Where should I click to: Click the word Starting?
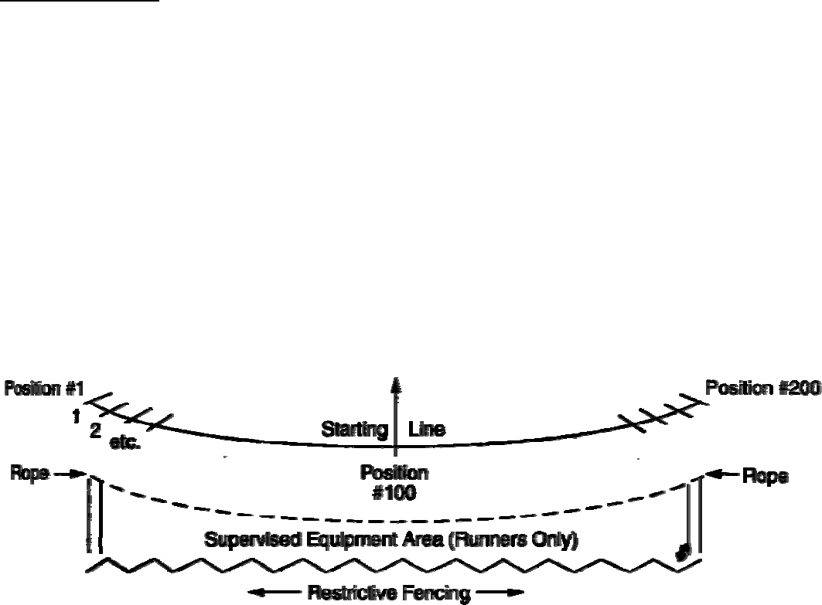click(x=354, y=430)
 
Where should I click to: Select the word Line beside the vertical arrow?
click(x=426, y=430)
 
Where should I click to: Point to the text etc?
click(x=125, y=446)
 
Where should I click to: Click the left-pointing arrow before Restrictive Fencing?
click(x=271, y=593)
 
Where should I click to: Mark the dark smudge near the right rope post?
click(x=682, y=552)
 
